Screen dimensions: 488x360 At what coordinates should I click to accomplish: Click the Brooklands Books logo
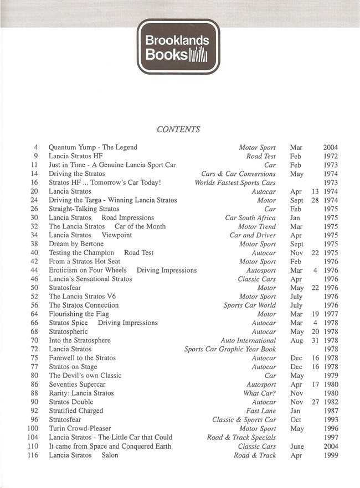178,46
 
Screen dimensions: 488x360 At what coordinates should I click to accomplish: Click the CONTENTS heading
178,129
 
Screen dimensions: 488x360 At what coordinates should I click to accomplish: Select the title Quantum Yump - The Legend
93,148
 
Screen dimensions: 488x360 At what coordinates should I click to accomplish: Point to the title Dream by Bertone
76,244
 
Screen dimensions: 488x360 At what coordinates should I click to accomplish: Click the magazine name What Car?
260,393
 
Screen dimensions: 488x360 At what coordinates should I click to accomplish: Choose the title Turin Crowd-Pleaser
80,429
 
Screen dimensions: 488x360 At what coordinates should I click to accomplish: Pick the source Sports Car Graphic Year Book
230,350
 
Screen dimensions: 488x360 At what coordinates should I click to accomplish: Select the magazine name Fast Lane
261,411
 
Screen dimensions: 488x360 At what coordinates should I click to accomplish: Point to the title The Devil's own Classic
85,376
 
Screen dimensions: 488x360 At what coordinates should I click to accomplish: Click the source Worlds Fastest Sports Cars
235,183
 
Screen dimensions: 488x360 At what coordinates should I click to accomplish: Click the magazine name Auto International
248,341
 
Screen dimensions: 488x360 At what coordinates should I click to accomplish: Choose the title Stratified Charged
76,411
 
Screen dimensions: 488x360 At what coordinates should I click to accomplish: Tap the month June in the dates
297,447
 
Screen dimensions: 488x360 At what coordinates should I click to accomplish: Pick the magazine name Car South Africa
250,218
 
